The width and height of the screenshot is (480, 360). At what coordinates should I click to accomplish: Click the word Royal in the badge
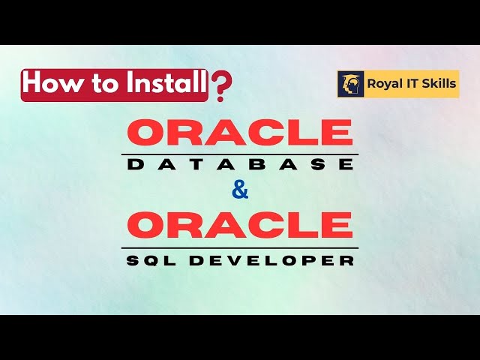(383, 84)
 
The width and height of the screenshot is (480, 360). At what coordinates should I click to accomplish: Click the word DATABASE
(239, 165)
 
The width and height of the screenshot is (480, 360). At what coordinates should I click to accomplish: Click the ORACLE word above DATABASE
(239, 133)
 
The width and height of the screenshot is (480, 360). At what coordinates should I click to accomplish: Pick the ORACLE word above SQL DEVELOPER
(239, 225)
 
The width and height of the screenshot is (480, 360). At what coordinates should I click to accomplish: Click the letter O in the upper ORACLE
(148, 133)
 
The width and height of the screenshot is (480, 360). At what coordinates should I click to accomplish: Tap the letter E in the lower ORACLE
(336, 225)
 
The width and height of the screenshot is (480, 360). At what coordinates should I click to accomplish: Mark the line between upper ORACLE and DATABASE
(239, 154)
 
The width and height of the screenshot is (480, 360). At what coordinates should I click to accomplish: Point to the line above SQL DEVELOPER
(239, 247)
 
